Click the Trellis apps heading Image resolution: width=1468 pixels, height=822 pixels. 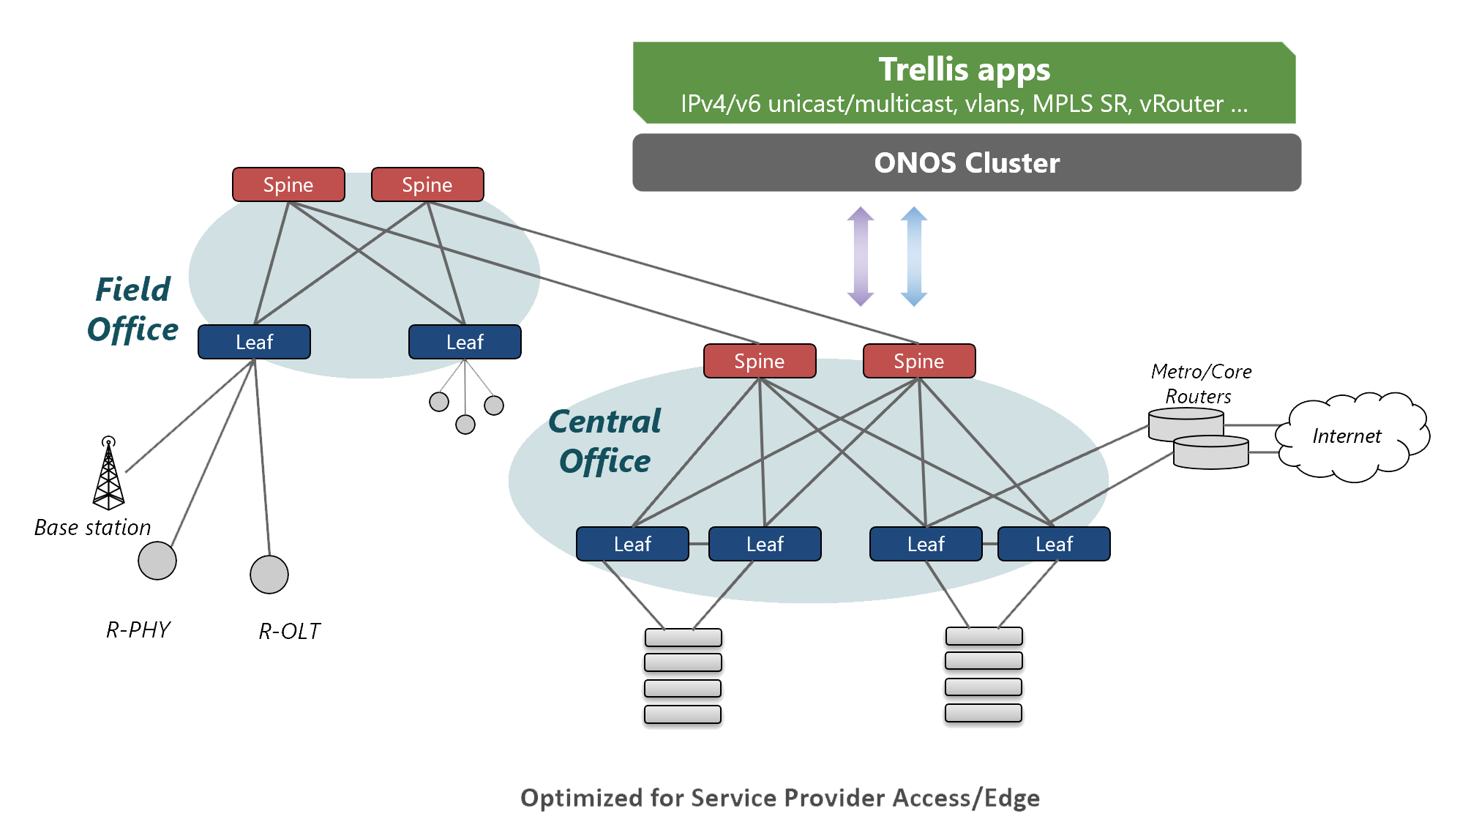click(x=964, y=70)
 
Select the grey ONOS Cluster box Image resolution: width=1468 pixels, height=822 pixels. click(x=966, y=162)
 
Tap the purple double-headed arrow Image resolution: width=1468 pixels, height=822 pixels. click(x=861, y=256)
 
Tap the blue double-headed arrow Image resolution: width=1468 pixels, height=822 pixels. click(x=914, y=256)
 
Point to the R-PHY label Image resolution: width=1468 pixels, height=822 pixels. click(x=138, y=629)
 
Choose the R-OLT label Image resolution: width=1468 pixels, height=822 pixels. click(x=290, y=631)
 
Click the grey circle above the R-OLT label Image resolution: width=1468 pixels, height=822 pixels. click(x=269, y=575)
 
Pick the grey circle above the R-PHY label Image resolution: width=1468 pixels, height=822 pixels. click(x=157, y=561)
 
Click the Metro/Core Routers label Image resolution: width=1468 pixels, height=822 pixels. click(x=1200, y=384)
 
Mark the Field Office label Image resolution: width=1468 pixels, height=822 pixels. click(x=132, y=310)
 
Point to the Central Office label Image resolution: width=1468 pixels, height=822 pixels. click(x=604, y=441)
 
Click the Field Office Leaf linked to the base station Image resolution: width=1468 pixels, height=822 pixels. click(x=254, y=342)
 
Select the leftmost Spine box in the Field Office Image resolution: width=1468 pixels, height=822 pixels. click(x=288, y=184)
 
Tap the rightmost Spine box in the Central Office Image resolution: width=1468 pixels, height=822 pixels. click(x=918, y=361)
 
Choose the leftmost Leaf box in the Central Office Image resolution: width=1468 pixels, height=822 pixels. click(x=632, y=544)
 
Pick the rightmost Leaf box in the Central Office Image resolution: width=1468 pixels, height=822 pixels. click(x=1054, y=544)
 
